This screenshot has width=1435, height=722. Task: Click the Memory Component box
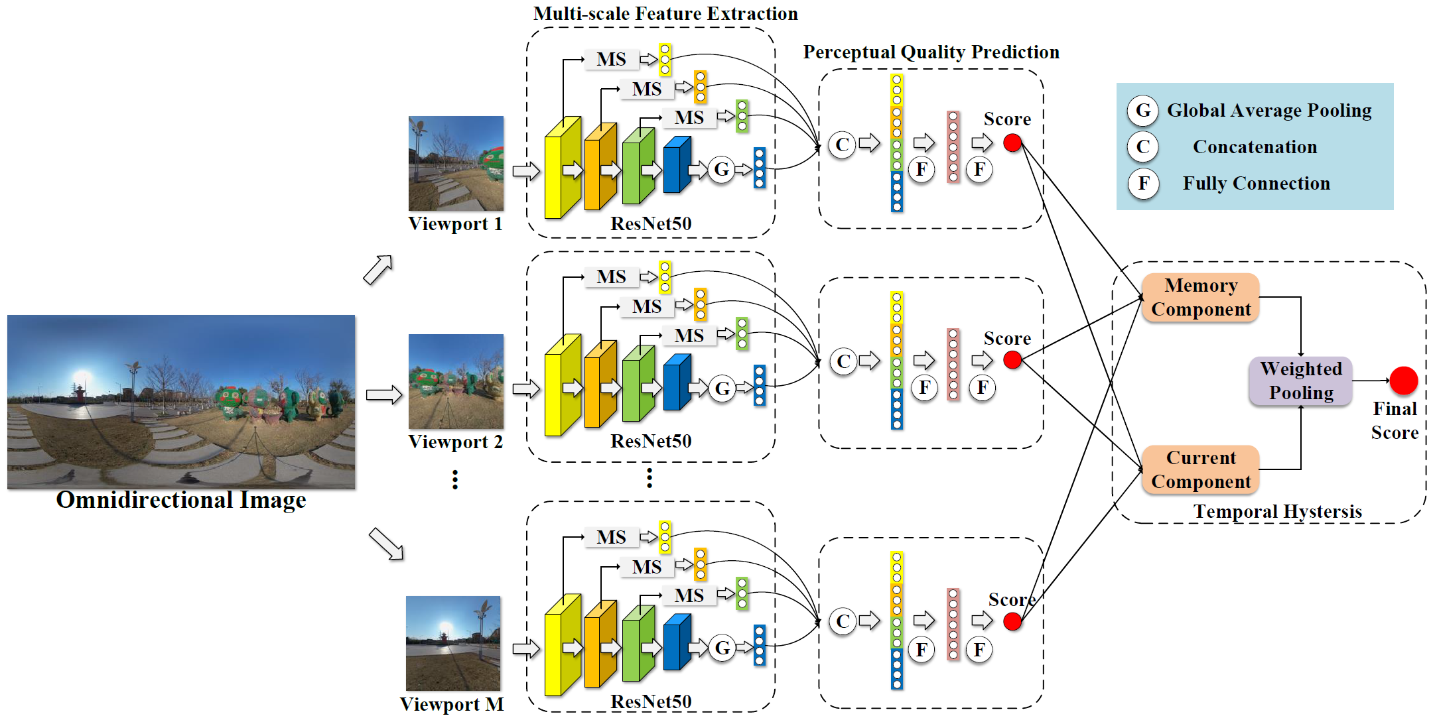point(1200,298)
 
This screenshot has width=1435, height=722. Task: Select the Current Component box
point(1200,469)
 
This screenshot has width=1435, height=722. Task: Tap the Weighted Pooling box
point(1300,381)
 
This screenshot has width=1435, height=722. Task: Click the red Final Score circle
point(1404,381)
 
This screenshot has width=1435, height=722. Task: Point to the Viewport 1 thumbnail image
point(456,163)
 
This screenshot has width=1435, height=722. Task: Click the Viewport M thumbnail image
point(453,643)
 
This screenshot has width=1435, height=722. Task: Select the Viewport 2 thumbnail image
point(456,381)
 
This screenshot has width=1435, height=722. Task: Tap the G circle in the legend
point(1143,110)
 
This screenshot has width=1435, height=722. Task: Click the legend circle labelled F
point(1143,183)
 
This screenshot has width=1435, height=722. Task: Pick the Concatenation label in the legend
point(1255,147)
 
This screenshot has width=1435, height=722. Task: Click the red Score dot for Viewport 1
point(1012,143)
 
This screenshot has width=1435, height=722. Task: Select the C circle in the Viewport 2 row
point(843,361)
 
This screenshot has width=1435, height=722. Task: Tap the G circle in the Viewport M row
point(722,647)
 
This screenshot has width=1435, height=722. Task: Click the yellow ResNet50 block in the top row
point(563,168)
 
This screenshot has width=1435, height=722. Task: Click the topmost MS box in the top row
point(611,59)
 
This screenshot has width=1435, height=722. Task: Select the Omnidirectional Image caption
point(181,500)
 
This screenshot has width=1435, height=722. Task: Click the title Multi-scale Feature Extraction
point(665,13)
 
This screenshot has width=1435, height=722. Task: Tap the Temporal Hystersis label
point(1278,511)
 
